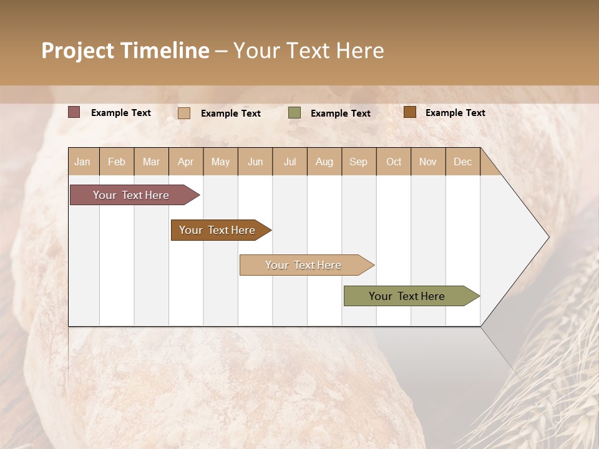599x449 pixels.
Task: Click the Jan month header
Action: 82,162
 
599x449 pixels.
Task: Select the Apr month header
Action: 186,162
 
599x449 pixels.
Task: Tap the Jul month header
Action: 290,162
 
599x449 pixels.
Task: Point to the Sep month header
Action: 358,162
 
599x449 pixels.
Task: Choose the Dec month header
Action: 462,162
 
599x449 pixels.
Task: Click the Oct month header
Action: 394,162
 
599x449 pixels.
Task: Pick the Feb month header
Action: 117,162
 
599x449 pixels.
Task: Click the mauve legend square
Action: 74,112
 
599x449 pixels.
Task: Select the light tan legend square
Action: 184,113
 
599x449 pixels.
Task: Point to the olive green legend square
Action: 295,113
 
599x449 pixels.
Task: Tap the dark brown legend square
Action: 410,112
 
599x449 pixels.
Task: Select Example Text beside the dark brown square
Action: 455,113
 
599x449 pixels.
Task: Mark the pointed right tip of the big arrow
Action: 548,237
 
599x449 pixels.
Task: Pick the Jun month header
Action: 255,162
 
